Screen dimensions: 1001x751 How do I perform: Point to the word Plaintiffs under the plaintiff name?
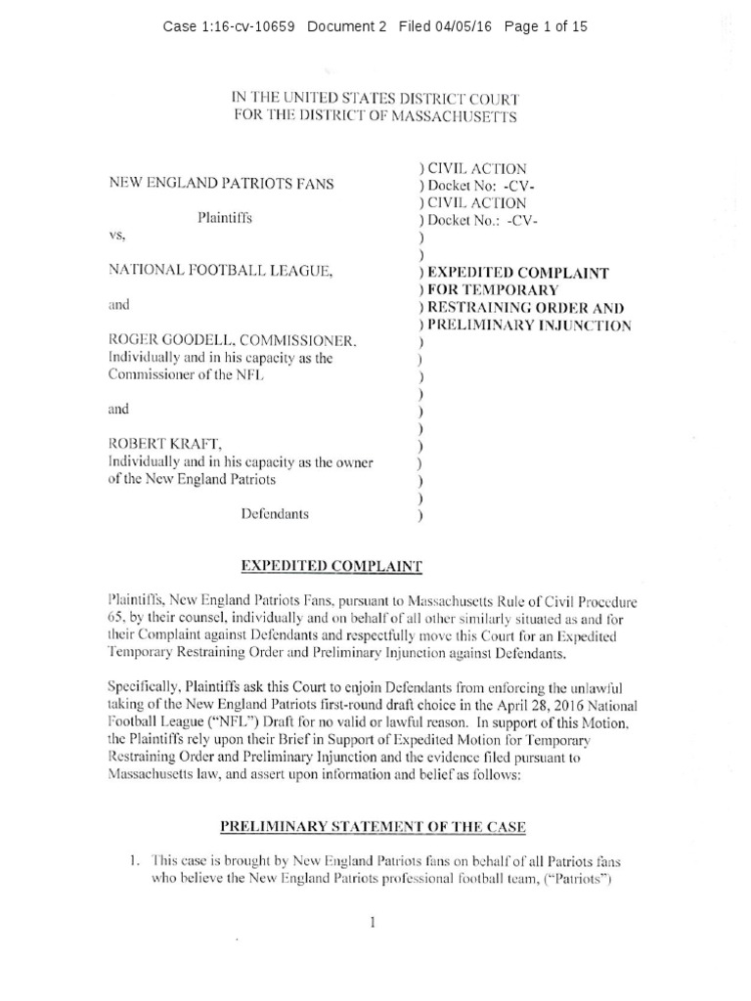click(224, 218)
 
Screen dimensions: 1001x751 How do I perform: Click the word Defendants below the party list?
click(277, 513)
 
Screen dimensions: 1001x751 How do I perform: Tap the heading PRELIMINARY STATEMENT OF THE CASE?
click(374, 827)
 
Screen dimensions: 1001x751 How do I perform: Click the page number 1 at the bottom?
click(374, 923)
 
